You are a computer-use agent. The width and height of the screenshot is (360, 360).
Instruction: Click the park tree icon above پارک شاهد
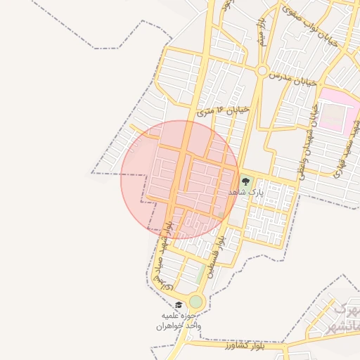245,181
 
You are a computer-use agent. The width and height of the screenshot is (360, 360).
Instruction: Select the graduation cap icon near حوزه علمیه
179,306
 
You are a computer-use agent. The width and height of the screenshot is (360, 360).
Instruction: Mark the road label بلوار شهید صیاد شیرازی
164,254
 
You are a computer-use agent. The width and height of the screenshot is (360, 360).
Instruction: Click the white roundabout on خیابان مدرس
262,71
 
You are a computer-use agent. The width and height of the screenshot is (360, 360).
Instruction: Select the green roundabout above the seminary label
195,302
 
